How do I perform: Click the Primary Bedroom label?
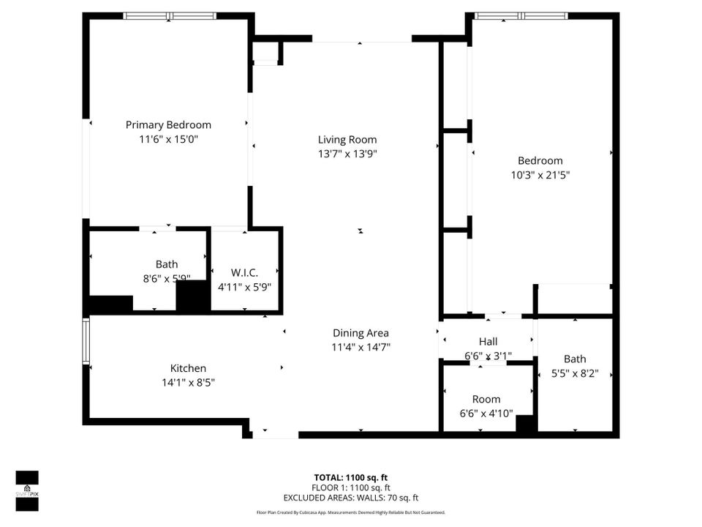point(168,124)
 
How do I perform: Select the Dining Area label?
point(361,332)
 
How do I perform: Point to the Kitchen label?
point(188,368)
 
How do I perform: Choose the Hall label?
point(488,341)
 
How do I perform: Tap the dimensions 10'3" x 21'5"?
point(540,175)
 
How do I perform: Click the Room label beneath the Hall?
point(486,399)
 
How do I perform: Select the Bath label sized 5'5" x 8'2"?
point(575,359)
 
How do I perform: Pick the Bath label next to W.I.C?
point(167,264)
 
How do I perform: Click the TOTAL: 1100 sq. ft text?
point(350,476)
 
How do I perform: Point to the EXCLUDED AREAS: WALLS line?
point(350,497)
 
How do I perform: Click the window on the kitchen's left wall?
point(86,341)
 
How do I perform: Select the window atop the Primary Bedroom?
point(170,15)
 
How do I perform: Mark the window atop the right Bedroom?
point(521,15)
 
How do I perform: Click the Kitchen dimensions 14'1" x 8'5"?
point(188,382)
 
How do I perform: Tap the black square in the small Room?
point(525,423)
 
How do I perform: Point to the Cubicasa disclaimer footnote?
point(350,512)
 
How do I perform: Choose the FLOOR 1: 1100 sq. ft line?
point(350,487)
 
